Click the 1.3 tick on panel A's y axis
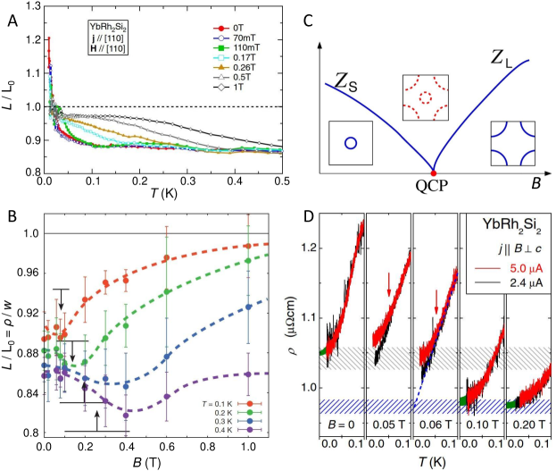31,7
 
